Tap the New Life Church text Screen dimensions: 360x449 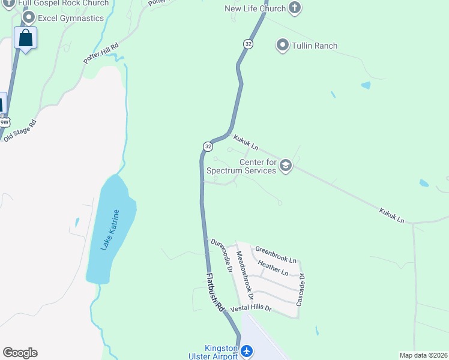click(x=255, y=8)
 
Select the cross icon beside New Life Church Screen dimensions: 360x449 click(x=294, y=8)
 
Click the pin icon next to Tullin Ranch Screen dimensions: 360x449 click(x=282, y=45)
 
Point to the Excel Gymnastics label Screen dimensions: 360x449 click(x=71, y=18)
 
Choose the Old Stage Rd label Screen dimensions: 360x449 click(x=20, y=130)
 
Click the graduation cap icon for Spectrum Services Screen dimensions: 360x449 click(x=285, y=166)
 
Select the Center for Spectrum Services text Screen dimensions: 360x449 click(x=241, y=166)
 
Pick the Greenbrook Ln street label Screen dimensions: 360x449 click(x=276, y=254)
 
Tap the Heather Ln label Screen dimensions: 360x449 click(x=273, y=268)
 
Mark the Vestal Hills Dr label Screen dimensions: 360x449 click(x=247, y=308)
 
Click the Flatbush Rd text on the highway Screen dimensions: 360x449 click(x=215, y=292)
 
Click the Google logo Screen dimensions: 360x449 click(x=20, y=353)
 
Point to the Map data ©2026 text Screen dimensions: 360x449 click(x=423, y=355)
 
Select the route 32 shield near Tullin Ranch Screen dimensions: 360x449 click(x=248, y=44)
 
